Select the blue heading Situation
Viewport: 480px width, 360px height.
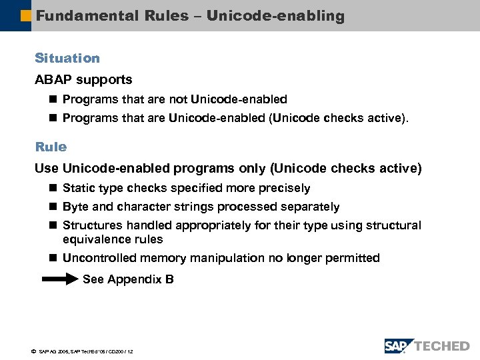(x=67, y=59)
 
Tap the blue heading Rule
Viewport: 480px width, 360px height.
(x=51, y=147)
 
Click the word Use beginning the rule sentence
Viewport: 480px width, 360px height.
(x=47, y=169)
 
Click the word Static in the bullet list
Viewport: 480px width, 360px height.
(x=79, y=189)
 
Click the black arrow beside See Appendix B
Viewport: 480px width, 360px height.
(x=60, y=280)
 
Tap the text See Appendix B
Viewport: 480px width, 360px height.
(x=128, y=280)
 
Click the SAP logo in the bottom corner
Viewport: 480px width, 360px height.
(x=399, y=345)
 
